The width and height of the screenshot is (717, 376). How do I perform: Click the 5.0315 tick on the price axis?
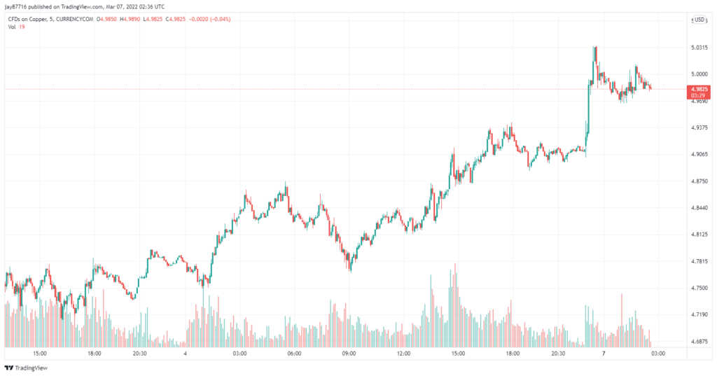(x=698, y=48)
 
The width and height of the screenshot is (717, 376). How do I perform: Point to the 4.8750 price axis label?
(x=698, y=181)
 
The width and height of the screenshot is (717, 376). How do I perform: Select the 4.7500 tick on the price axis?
(x=698, y=288)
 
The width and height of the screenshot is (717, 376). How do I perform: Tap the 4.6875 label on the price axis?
(x=698, y=341)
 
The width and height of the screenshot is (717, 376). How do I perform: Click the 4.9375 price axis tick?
(x=698, y=128)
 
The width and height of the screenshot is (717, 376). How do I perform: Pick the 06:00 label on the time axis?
(x=294, y=354)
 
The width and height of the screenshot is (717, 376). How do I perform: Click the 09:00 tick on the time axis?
(x=349, y=354)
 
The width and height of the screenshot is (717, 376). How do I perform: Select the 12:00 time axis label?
(x=403, y=354)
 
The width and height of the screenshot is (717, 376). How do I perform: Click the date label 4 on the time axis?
(x=185, y=354)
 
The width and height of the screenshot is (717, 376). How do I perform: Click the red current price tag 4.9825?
(x=698, y=90)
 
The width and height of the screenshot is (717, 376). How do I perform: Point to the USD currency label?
(x=699, y=20)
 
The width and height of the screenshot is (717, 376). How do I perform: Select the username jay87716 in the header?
(x=17, y=6)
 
